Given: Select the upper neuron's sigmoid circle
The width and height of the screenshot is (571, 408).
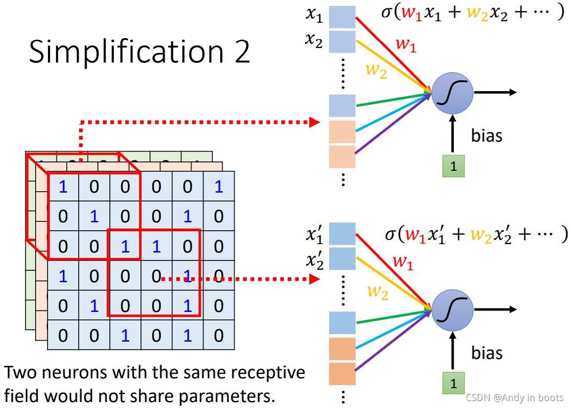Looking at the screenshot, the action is point(452,93).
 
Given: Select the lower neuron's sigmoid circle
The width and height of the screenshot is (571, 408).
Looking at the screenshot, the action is point(452,310).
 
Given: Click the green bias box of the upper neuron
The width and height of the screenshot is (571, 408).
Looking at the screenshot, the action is point(453,166).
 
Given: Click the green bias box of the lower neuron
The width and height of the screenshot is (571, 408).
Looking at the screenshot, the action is point(453,383).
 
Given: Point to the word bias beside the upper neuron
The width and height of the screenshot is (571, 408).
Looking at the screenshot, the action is point(486,136).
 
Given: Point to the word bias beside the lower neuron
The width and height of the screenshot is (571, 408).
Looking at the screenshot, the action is point(486,353).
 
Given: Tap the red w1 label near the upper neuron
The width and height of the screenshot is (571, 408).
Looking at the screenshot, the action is point(406,45).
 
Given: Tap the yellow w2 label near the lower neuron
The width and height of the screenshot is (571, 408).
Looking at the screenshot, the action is point(378,292).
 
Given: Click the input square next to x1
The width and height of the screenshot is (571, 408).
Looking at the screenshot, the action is point(342,17).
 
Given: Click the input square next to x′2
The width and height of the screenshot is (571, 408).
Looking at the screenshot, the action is point(342,258).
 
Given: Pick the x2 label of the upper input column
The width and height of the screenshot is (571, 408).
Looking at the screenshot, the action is point(314,40).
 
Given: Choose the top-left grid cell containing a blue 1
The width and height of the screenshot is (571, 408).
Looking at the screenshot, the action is point(63,187).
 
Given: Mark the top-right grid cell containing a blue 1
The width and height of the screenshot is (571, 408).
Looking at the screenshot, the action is point(219,187).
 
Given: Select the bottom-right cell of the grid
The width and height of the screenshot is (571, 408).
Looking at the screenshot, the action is point(219,335).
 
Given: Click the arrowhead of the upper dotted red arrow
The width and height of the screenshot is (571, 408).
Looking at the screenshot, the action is point(314,122).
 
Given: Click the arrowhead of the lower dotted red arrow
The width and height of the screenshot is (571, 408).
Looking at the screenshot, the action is point(314,279).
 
